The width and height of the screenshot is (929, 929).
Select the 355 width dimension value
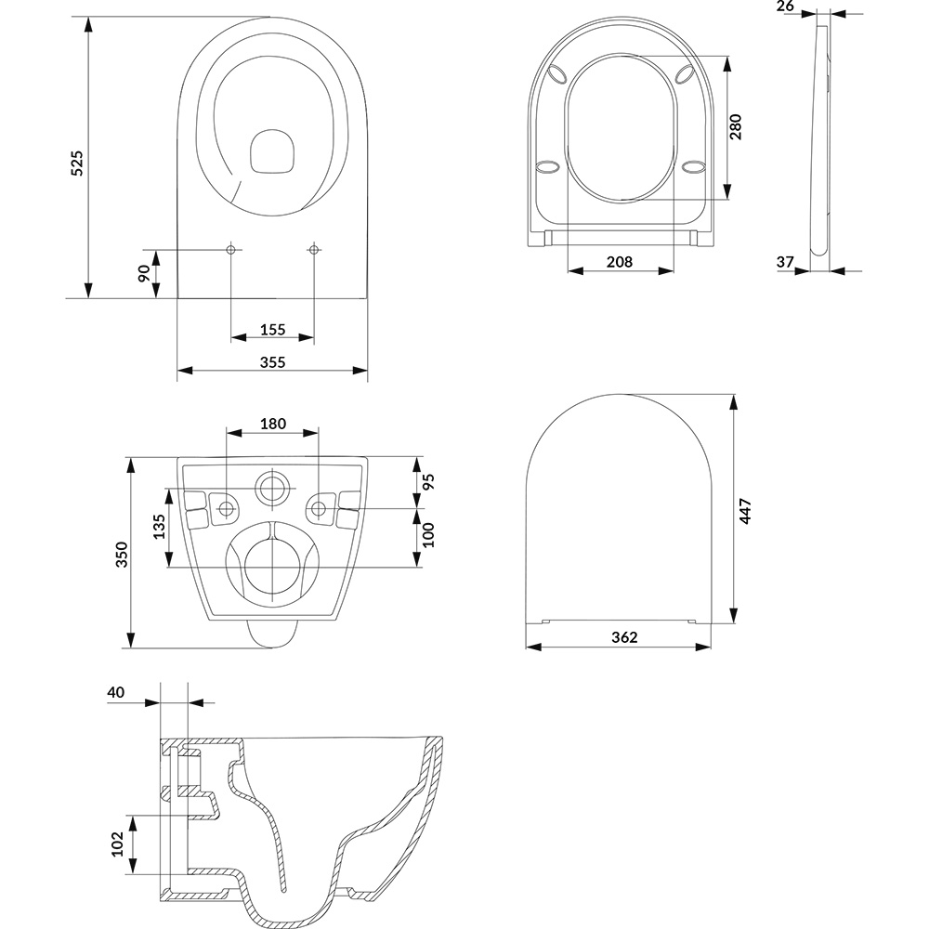coord(272,362)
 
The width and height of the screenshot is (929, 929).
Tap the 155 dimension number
coord(272,330)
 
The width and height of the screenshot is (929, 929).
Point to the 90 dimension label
coord(144,273)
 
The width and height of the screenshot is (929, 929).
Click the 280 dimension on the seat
coord(735,126)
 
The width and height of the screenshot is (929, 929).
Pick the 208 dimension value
coord(619,261)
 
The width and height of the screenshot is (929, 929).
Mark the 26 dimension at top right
coord(785,7)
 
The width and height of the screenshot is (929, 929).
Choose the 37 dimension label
coord(785,261)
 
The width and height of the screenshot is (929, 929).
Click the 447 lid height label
coord(746,511)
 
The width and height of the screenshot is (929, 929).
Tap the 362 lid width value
coord(624,637)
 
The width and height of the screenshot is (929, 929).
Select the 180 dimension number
coord(272,424)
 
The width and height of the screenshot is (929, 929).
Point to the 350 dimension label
coord(122,555)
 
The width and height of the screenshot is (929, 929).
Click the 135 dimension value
coord(159,527)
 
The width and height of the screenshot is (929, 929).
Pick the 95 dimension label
coord(428,481)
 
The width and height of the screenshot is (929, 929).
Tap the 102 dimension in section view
coord(117,844)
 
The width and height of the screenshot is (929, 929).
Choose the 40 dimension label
coord(116,692)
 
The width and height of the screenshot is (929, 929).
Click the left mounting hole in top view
coord(231,249)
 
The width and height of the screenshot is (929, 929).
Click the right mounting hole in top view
coord(314,249)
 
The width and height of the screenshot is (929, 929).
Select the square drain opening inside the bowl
coord(272,152)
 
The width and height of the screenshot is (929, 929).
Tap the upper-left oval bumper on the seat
coord(557,74)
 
